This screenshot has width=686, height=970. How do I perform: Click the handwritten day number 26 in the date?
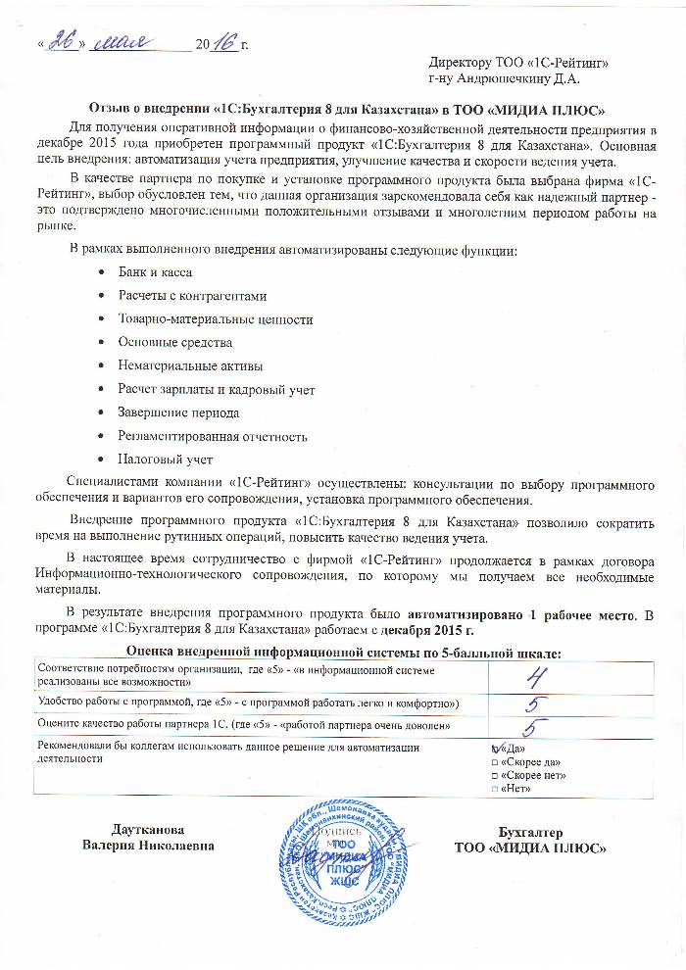tap(63, 43)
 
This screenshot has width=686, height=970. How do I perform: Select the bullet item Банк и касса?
tap(155, 271)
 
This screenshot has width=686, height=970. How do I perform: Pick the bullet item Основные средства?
tap(175, 343)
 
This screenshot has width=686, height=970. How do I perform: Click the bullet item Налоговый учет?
tap(166, 460)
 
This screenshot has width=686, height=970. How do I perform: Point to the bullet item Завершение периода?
tap(178, 412)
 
